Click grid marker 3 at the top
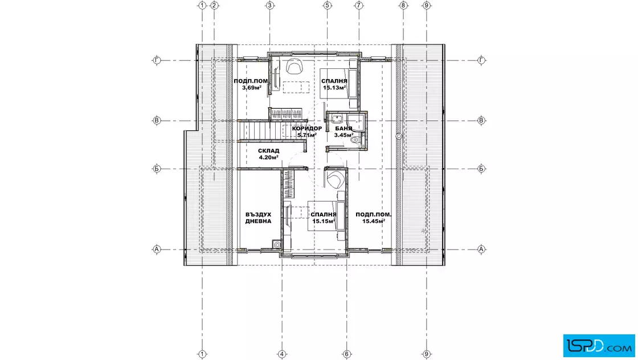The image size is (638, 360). click(x=270, y=5)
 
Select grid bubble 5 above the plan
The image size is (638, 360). click(x=328, y=5)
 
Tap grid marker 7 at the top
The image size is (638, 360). click(x=358, y=5)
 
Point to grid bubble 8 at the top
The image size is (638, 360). click(x=403, y=5)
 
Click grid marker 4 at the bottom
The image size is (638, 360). click(x=282, y=354)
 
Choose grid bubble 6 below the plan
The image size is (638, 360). click(x=347, y=354)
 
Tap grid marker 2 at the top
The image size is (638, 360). click(x=214, y=5)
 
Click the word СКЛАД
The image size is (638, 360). click(x=268, y=151)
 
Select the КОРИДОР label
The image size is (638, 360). click(x=307, y=129)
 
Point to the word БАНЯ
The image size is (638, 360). click(x=344, y=129)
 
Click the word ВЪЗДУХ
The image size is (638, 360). click(x=259, y=214)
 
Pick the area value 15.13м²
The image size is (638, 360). click(x=334, y=88)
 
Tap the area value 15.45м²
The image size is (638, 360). click(x=374, y=221)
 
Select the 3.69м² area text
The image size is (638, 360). click(x=251, y=88)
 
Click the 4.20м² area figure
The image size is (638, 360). click(x=268, y=157)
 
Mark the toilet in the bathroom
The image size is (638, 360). click(x=355, y=140)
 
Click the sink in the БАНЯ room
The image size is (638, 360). click(x=337, y=119)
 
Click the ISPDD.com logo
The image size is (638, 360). click(x=599, y=346)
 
